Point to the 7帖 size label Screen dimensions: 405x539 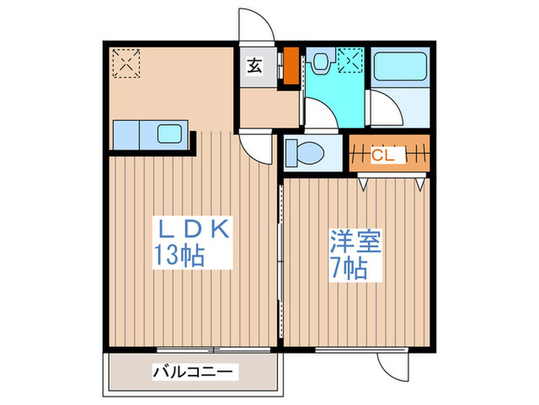click(350, 268)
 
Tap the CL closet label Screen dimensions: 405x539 click(383, 155)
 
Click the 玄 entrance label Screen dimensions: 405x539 click(253, 67)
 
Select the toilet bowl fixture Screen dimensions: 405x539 click(307, 152)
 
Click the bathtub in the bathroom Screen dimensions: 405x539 click(400, 69)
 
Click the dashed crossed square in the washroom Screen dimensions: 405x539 click(351, 60)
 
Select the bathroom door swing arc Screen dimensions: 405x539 click(383, 108)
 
